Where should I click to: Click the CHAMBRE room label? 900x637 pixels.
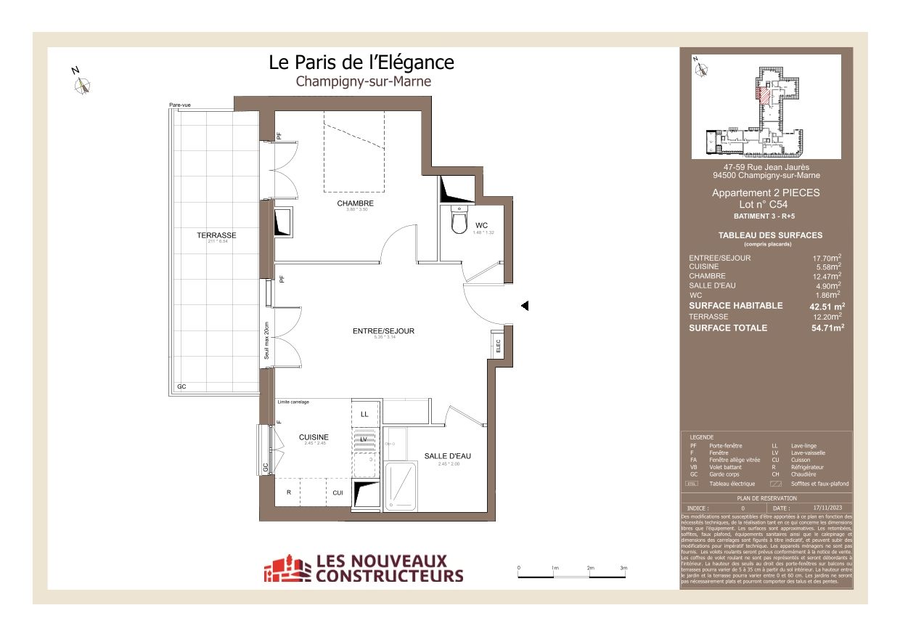[355, 203]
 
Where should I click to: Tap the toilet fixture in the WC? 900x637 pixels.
[459, 221]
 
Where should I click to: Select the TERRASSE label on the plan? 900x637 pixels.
[216, 235]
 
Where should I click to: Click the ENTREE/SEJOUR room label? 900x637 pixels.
[383, 331]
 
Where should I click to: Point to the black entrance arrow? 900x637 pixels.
[525, 307]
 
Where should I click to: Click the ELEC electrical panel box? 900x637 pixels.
[498, 346]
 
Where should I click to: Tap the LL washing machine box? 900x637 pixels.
[364, 414]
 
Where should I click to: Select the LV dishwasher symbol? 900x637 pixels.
[364, 439]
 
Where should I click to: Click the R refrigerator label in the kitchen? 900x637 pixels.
[289, 492]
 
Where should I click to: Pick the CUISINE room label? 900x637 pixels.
[314, 437]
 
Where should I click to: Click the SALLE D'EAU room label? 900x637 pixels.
[448, 456]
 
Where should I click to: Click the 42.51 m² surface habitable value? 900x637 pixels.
[827, 307]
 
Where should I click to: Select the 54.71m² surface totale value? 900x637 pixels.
[827, 328]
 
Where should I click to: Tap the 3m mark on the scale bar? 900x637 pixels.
[623, 568]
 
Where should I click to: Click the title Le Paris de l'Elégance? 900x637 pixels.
[361, 62]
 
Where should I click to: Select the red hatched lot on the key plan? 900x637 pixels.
[763, 94]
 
